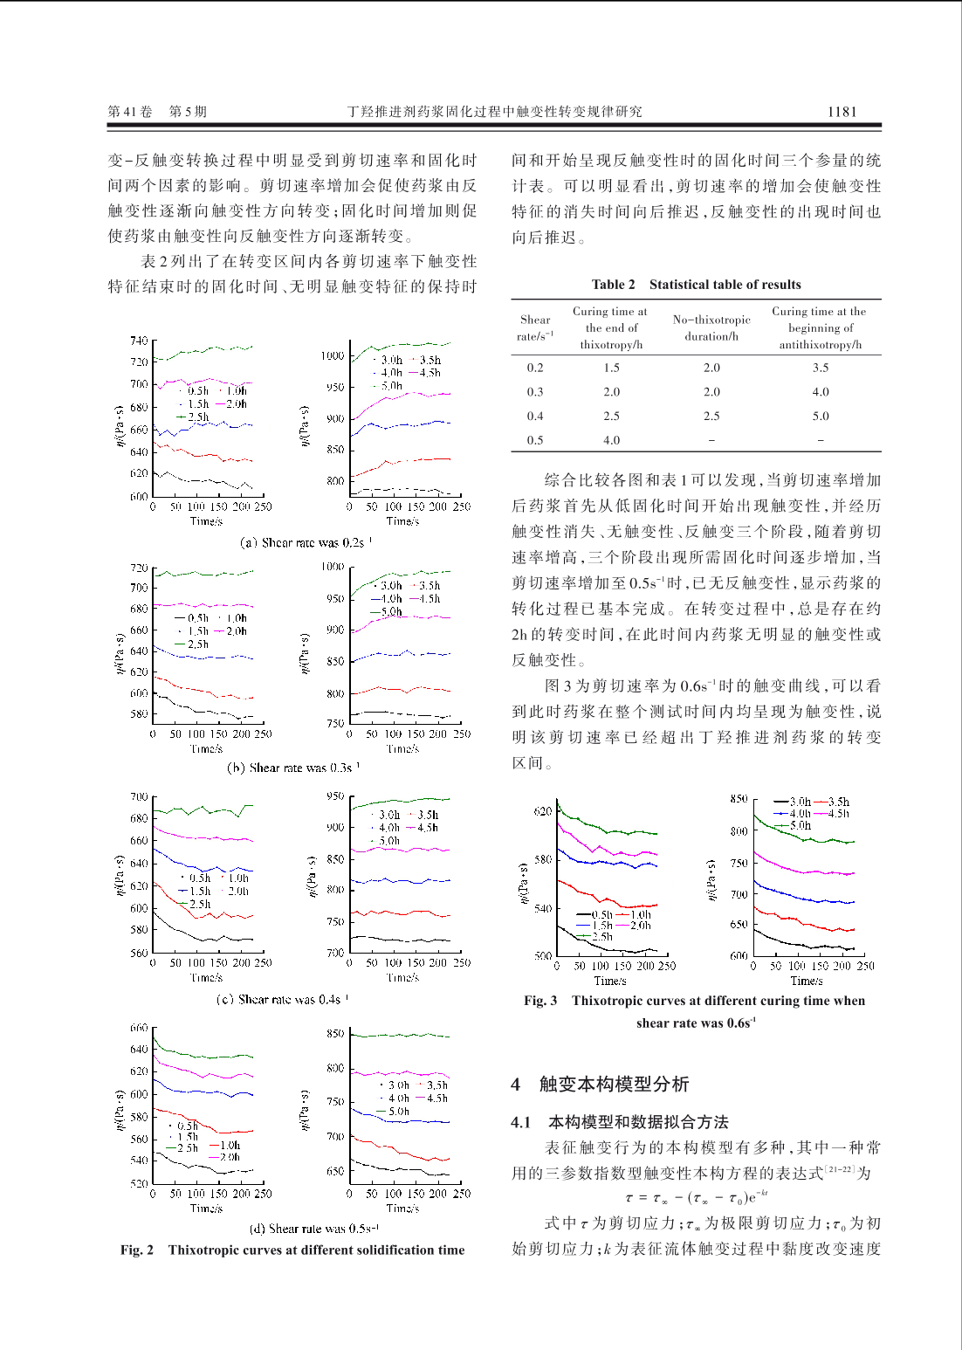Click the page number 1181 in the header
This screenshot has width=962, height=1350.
coord(842,112)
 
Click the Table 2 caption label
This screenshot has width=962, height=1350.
coord(613,285)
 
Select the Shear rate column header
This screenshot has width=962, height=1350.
coord(535,327)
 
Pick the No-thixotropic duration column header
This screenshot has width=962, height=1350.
coord(711,327)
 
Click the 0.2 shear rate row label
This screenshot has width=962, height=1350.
coord(535,368)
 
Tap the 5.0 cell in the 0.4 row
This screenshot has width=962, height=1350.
coord(821,417)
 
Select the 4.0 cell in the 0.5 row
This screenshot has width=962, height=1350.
coord(611,440)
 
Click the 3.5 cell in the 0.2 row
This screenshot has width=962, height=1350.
coord(821,368)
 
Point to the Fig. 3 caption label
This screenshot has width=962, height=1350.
coord(540,1001)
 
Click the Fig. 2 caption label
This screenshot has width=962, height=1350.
coord(137,1250)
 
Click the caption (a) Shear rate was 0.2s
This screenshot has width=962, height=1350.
coord(306,542)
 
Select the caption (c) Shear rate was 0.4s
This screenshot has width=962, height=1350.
coord(282,999)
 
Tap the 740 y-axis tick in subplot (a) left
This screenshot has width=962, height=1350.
coord(139,341)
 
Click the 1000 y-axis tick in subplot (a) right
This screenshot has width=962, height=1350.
coord(332,355)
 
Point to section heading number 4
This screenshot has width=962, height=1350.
coord(516,1084)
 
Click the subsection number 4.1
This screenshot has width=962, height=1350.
coord(520,1122)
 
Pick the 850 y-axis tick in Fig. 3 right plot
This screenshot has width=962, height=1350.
coord(739,799)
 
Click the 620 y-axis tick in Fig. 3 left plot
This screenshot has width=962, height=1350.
coord(542,811)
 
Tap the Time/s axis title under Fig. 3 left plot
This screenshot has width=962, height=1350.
coord(610,981)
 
